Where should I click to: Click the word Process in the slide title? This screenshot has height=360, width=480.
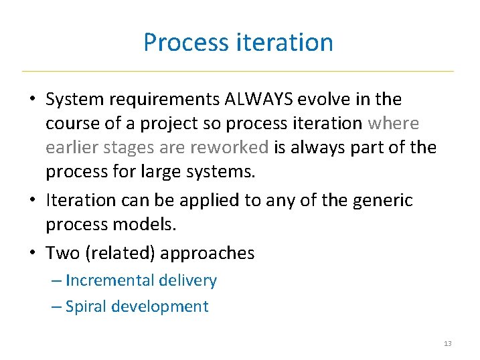point(187,42)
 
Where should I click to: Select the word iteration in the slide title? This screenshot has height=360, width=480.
point(285,42)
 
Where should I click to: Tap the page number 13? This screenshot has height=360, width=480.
point(447,343)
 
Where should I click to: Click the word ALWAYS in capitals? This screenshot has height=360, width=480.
point(260,100)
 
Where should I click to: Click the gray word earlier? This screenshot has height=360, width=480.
point(70,147)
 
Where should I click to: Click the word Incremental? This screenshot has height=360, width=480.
point(107,280)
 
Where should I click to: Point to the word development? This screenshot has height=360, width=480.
point(160,306)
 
